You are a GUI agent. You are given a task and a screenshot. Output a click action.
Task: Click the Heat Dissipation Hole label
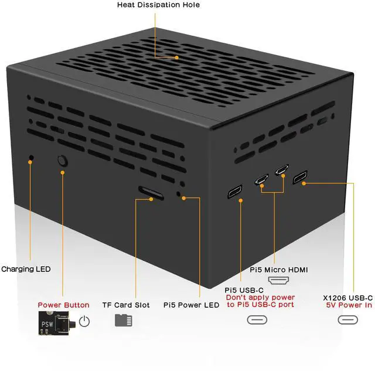click(x=158, y=5)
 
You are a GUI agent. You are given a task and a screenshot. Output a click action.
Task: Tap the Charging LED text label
click(x=26, y=270)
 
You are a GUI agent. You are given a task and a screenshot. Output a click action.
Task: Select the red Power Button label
click(x=64, y=305)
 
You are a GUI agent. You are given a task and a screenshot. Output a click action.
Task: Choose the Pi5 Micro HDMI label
click(x=279, y=270)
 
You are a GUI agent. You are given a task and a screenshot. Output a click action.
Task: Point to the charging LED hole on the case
click(x=31, y=158)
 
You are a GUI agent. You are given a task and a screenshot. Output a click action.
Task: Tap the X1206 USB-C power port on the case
click(x=300, y=178)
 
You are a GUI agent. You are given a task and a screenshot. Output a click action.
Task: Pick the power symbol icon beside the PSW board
click(x=85, y=321)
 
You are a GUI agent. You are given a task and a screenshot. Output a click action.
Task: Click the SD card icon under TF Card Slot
click(x=124, y=321)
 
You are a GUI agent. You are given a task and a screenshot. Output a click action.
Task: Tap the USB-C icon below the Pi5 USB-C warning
click(x=255, y=321)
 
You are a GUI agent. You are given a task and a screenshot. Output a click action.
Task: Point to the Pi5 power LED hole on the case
click(x=180, y=193)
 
